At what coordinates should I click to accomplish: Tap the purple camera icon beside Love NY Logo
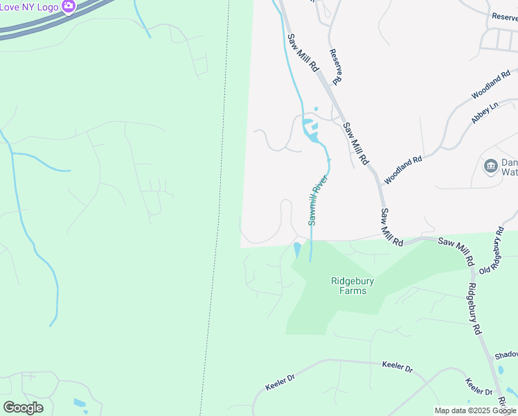68,6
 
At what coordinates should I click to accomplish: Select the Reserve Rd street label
336,67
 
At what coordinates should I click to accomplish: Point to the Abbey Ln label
484,113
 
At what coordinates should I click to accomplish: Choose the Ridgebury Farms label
348,286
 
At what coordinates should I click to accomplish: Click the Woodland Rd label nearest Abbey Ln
491,83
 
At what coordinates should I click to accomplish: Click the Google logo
23,408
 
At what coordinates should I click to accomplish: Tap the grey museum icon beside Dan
490,166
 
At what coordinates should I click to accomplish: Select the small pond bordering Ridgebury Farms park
297,250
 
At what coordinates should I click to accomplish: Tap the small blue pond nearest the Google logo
80,403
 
